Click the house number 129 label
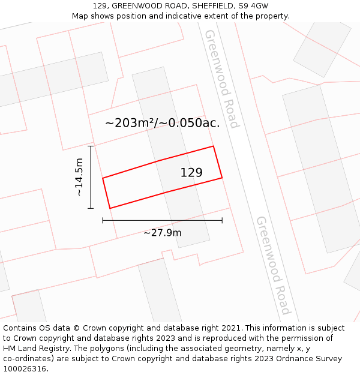[x=191, y=173]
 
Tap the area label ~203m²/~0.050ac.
[x=163, y=123]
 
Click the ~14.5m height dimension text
[x=79, y=177]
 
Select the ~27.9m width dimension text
[x=162, y=233]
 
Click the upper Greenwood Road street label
[x=221, y=78]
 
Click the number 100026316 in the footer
[x=24, y=369]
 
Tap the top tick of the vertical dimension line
[x=91, y=146]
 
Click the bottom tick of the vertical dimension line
[x=91, y=208]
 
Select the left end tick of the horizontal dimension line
[x=103, y=220]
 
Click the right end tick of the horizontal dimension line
[x=222, y=220]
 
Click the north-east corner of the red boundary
[x=214, y=146]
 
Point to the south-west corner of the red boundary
[x=110, y=208]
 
